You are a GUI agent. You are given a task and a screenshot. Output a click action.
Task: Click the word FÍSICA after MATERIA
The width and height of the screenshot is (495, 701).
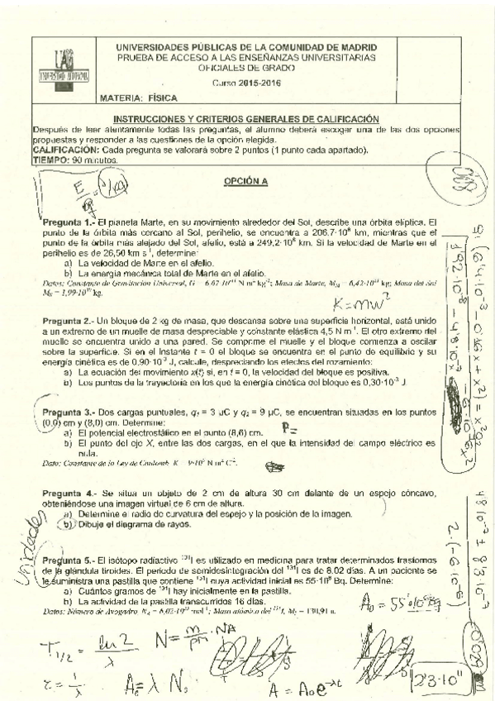click(x=152, y=98)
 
